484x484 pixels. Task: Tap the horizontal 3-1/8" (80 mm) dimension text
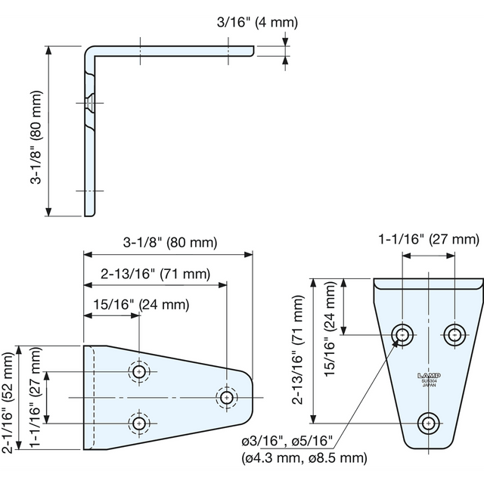[169, 243]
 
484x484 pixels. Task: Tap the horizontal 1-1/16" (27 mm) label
[429, 240]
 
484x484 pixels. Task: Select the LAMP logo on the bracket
[428, 374]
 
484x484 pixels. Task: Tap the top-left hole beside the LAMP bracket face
[402, 334]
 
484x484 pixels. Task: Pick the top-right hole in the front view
[455, 334]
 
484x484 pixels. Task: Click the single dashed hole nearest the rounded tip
[226, 397]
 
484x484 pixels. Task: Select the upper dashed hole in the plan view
[139, 372]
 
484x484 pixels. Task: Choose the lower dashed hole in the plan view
[139, 422]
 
